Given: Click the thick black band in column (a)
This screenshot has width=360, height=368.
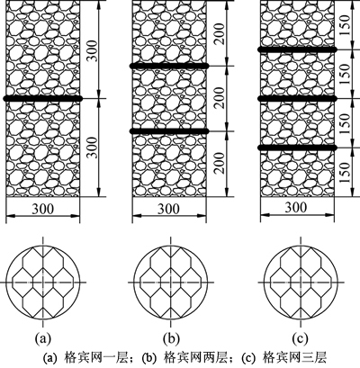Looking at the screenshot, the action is click(x=42, y=98).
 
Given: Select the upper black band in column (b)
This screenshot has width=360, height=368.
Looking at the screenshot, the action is click(x=169, y=66).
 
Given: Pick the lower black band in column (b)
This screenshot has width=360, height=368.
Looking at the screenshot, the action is click(x=169, y=131).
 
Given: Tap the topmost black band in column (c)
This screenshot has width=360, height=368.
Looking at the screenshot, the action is click(x=297, y=49).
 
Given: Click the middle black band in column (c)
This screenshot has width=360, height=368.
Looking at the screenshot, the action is click(x=297, y=98).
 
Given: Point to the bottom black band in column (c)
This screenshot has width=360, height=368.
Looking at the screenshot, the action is click(x=297, y=148).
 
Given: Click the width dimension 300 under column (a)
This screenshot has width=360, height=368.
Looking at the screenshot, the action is click(x=43, y=209).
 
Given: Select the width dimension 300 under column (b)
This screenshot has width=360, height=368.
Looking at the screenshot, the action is click(x=169, y=209).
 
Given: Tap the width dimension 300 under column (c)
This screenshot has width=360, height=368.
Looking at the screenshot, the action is click(x=296, y=207).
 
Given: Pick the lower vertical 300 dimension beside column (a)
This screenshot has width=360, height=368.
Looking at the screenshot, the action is click(x=93, y=148).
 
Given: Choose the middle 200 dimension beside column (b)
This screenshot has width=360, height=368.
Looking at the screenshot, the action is click(x=220, y=98).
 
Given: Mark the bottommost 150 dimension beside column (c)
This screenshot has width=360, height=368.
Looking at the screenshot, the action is click(x=346, y=173).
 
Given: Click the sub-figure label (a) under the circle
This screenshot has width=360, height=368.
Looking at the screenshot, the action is click(x=43, y=338).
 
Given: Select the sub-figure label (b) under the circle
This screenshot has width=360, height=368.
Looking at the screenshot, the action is click(x=171, y=338).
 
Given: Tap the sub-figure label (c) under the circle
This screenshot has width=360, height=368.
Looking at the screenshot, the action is click(x=300, y=338).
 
